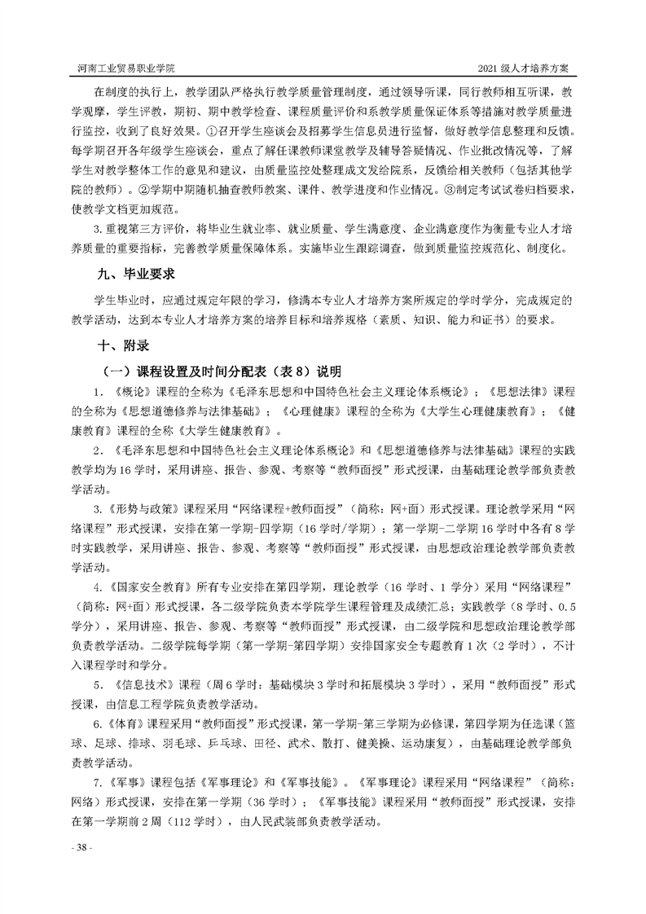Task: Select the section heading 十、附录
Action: [124, 347]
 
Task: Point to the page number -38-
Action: [83, 848]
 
